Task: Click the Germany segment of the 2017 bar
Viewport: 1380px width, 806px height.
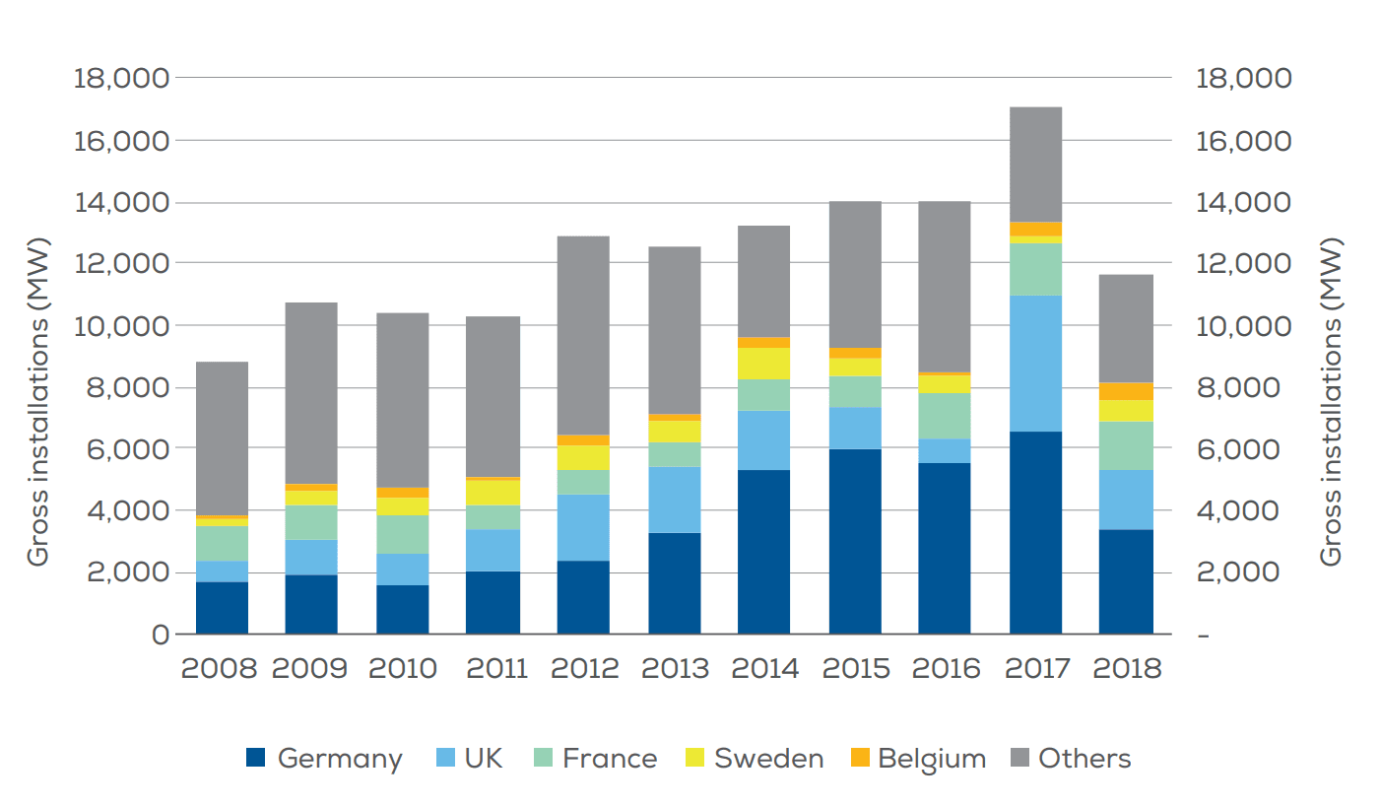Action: [1035, 532]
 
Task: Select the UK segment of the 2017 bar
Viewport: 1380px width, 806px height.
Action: [1035, 364]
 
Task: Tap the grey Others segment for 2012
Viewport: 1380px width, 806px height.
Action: [583, 335]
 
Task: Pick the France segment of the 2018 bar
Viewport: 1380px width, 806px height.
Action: [1126, 445]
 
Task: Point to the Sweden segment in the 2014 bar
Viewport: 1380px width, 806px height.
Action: [763, 364]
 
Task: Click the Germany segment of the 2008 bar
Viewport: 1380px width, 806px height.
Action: [222, 608]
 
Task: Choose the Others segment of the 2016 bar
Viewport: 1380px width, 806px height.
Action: [945, 287]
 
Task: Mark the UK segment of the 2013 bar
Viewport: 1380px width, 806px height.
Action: [674, 500]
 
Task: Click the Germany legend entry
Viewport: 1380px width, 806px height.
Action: [324, 759]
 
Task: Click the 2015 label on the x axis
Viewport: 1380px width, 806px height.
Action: [855, 668]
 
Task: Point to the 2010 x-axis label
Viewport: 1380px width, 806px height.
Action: [402, 668]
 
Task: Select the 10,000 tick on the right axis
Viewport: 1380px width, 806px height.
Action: [1242, 326]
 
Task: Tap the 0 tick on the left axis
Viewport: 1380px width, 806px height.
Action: [159, 636]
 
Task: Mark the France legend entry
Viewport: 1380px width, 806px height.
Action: [595, 759]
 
